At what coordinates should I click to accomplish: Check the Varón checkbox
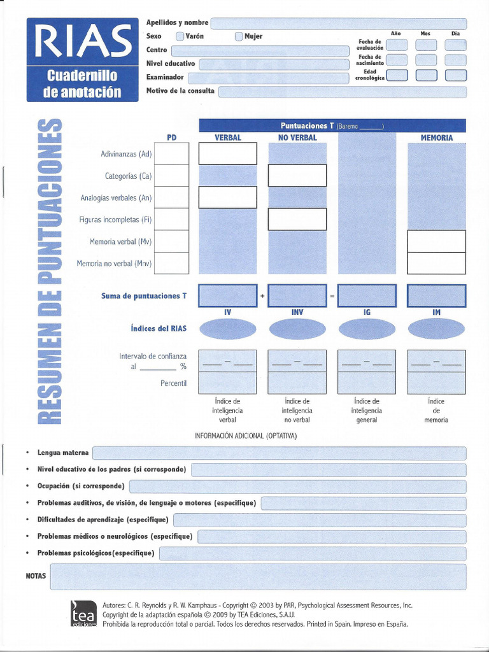pyautogui.click(x=180, y=36)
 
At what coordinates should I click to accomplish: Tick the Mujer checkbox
pyautogui.click(x=239, y=36)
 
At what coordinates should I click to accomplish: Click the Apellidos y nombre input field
pyautogui.click(x=338, y=24)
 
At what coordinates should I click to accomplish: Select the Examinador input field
pyautogui.click(x=271, y=78)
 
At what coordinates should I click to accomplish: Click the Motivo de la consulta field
pyautogui.click(x=342, y=92)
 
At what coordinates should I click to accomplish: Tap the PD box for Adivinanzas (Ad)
pyautogui.click(x=171, y=153)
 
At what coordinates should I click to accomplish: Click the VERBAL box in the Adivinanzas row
pyautogui.click(x=227, y=153)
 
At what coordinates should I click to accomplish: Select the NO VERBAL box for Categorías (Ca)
pyautogui.click(x=297, y=176)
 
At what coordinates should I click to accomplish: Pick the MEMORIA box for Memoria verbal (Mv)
pyautogui.click(x=436, y=241)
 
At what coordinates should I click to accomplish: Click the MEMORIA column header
pyautogui.click(x=436, y=138)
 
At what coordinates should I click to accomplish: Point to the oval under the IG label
pyautogui.click(x=367, y=329)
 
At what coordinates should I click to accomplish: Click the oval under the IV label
pyautogui.click(x=227, y=329)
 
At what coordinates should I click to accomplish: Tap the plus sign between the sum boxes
pyautogui.click(x=262, y=296)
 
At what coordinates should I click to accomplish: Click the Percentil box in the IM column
pyautogui.click(x=436, y=383)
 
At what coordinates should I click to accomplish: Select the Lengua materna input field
pyautogui.click(x=279, y=453)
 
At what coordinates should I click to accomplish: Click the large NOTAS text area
pyautogui.click(x=258, y=576)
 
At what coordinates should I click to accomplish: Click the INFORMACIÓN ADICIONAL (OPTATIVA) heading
pyautogui.click(x=245, y=436)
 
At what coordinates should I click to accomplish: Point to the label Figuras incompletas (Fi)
pyautogui.click(x=115, y=220)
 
